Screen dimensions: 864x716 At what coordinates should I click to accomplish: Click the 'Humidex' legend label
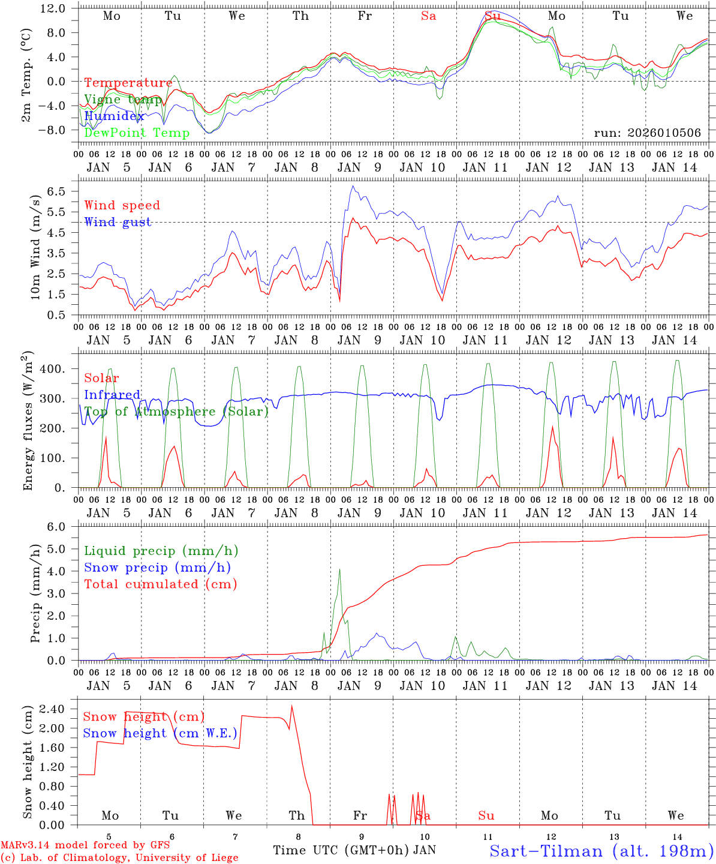(115, 116)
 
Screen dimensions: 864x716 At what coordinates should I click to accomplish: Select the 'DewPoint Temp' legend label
(137, 133)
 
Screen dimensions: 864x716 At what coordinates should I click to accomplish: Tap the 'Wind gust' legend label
(118, 222)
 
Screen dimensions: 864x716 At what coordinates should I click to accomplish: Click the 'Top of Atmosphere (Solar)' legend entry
(176, 412)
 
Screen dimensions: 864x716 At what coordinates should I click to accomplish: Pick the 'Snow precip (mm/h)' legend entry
(157, 568)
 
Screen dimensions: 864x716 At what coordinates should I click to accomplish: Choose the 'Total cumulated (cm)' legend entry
(160, 584)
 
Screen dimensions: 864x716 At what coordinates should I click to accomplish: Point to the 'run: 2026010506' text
(647, 133)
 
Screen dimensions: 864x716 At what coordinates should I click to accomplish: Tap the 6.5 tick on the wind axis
(59, 191)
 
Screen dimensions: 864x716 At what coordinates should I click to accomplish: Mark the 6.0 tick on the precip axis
(59, 527)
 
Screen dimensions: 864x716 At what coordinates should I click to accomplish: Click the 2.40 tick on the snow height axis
(53, 709)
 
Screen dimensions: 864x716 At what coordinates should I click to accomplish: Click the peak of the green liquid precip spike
(339, 569)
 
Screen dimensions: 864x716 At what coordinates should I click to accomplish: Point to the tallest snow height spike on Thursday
(292, 706)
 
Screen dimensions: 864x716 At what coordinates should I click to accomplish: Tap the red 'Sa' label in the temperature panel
(428, 16)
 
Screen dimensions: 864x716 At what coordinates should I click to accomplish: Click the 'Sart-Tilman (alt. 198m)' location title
(601, 850)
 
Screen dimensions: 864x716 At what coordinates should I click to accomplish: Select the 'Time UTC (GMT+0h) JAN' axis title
(354, 850)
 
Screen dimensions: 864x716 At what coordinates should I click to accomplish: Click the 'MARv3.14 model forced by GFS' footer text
(85, 845)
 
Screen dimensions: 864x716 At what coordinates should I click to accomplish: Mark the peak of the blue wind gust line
(353, 186)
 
